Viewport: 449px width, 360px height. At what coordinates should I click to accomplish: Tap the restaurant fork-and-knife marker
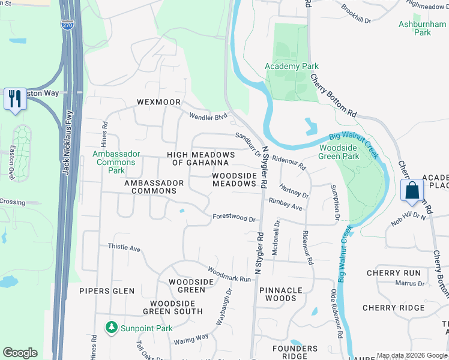[14, 98]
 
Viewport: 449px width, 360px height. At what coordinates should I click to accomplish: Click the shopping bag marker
[412, 191]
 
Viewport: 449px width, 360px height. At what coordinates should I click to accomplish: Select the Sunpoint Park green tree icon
[110, 328]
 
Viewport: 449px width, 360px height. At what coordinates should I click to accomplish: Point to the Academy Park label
[292, 66]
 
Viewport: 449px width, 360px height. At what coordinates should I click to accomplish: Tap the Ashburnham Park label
[414, 28]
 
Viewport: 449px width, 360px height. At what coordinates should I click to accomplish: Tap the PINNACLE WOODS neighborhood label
[281, 294]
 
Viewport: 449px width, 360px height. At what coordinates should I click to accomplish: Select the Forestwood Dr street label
[234, 218]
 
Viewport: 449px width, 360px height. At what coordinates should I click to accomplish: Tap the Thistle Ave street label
[124, 247]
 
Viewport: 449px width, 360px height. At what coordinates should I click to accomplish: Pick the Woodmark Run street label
[229, 275]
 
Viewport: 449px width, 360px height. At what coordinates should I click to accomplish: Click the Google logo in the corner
[20, 353]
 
